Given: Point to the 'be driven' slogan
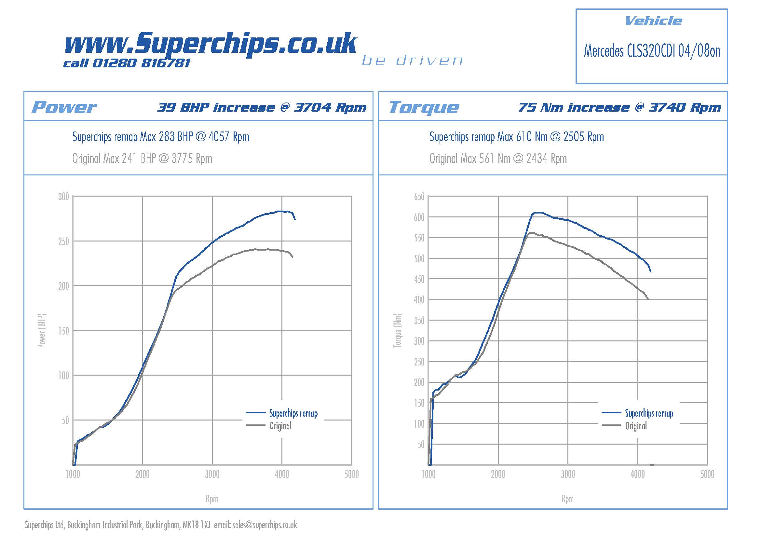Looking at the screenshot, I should point(412,61).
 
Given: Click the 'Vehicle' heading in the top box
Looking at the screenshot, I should point(653,21).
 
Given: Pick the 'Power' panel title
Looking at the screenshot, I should point(64,107).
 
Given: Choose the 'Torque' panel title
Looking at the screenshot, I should point(424,107).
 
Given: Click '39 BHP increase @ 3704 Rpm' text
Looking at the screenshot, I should point(262,107).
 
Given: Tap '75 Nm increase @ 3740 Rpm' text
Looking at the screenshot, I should point(619,107).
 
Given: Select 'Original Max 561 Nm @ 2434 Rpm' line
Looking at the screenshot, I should point(498,159).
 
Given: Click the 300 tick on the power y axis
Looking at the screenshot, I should point(64,197).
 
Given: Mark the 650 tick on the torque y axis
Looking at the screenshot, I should point(419,197).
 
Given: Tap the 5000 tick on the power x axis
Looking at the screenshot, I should point(351,474).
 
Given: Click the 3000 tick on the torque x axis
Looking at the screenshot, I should point(568,474).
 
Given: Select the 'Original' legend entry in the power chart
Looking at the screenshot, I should point(280,426).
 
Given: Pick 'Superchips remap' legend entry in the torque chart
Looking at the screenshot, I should point(649,413).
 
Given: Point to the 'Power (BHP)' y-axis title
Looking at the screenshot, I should point(42,330).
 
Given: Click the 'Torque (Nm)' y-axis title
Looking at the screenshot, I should point(397,330).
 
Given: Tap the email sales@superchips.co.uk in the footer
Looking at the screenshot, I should point(265,525).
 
